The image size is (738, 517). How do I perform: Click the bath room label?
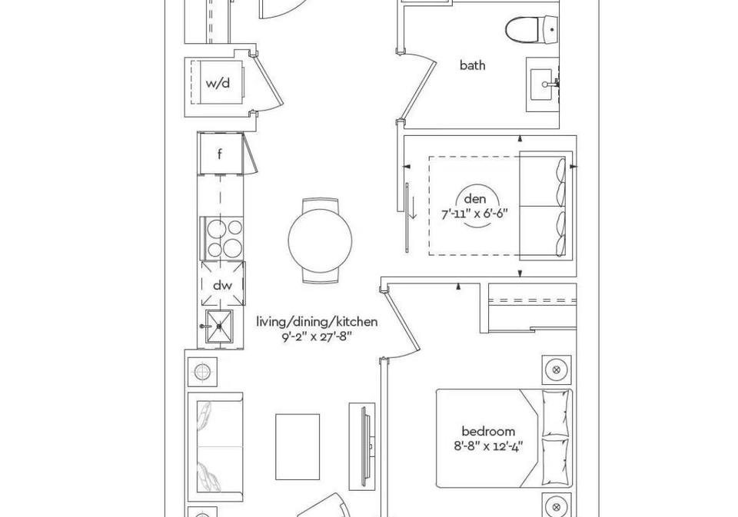click(x=472, y=65)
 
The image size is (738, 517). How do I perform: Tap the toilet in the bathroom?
click(x=532, y=30)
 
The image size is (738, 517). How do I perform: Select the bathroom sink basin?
click(x=542, y=85)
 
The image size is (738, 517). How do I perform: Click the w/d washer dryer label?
click(x=218, y=83)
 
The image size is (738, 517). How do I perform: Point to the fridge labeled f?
click(x=220, y=154)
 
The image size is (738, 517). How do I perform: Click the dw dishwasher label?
click(x=222, y=285)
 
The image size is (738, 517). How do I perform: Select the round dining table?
click(x=320, y=240)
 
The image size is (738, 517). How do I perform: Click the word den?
click(x=474, y=199)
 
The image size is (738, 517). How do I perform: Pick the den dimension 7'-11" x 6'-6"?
click(x=474, y=214)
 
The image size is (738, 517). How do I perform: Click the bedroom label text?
click(x=488, y=432)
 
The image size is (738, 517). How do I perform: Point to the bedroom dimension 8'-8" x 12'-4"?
click(x=489, y=446)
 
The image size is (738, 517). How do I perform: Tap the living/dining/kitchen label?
click(x=317, y=322)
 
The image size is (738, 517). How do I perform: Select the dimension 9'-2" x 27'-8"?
click(x=317, y=336)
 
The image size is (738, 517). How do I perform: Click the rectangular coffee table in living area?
click(x=298, y=446)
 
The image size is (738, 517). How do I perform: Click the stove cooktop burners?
click(x=224, y=238)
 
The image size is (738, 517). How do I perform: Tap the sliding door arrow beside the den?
click(x=412, y=207)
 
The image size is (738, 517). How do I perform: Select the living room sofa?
click(x=215, y=446)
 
